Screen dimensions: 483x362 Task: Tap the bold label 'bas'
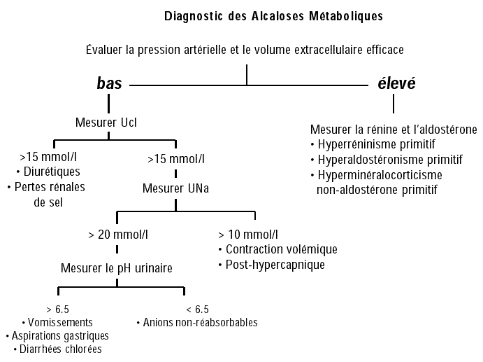coord(109,83)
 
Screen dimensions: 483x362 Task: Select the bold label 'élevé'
coord(396,83)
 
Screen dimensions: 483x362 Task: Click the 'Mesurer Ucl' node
coord(106,123)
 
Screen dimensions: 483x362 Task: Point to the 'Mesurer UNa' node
coord(175,188)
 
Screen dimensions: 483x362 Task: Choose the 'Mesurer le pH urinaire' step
coord(117,268)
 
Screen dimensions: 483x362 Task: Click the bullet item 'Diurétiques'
coord(52,172)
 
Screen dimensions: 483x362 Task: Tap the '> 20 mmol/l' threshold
coord(118,235)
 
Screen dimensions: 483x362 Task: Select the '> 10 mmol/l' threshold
coord(248,235)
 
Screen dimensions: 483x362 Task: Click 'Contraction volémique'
coord(282,249)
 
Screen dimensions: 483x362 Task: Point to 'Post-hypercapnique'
coord(275,265)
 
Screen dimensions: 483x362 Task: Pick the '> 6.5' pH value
coord(57,309)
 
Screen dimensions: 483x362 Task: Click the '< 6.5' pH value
coord(197,309)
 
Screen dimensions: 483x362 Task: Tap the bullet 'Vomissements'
coord(60,323)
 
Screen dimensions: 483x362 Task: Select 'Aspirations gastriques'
coord(60,336)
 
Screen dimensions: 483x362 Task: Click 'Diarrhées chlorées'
coord(60,349)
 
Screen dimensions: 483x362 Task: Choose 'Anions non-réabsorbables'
coord(200,323)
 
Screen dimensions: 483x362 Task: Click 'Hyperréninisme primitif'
coord(377,144)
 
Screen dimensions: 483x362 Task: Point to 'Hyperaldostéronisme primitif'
coord(390,160)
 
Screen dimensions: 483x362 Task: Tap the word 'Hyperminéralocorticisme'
coord(380,175)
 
